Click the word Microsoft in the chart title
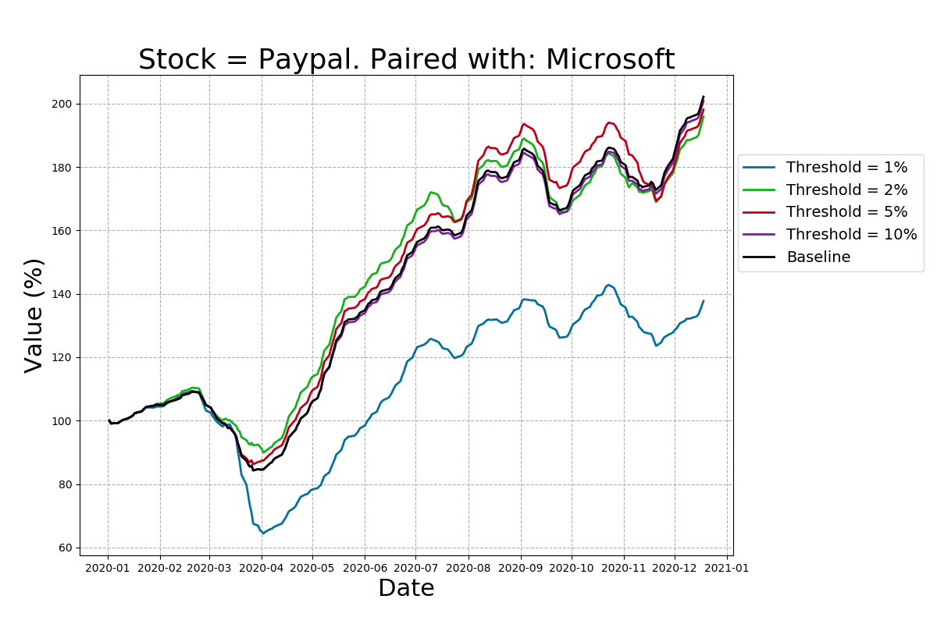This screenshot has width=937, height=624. [610, 60]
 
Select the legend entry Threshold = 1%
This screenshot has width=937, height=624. [846, 167]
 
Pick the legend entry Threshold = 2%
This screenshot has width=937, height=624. [846, 190]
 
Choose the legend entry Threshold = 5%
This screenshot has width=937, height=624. [846, 212]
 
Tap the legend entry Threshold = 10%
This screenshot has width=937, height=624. [851, 235]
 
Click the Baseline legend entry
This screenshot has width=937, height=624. [818, 257]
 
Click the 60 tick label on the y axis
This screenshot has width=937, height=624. [66, 548]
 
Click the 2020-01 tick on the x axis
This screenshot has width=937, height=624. [109, 568]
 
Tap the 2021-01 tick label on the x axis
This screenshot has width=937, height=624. [727, 568]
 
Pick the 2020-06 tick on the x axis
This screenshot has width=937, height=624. [365, 568]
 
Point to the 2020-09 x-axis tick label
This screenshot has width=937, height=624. [521, 568]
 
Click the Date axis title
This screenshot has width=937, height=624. [406, 589]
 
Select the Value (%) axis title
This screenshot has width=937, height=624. [34, 315]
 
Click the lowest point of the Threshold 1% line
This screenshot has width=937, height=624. [263, 534]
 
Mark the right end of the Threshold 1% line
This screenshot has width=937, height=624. [703, 301]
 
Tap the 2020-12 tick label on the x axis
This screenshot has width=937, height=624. [675, 568]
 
